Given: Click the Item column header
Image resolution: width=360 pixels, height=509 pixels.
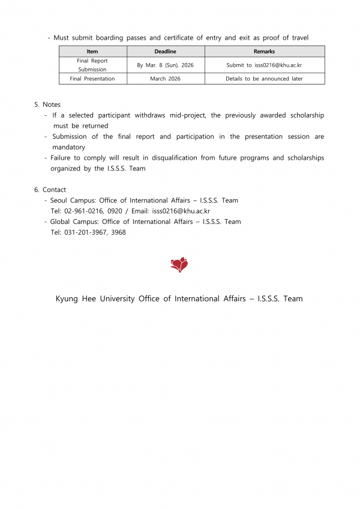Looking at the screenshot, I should (x=92, y=52).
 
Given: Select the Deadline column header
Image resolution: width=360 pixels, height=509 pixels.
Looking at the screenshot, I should (x=166, y=52).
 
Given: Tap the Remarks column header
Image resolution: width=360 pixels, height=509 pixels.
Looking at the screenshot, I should (x=264, y=52).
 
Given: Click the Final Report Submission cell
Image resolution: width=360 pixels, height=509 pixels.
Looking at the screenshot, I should (x=92, y=65).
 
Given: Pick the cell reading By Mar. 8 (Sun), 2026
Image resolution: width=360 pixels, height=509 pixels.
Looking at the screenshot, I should (x=166, y=65).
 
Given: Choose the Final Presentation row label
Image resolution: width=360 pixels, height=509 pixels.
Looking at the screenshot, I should (x=92, y=79).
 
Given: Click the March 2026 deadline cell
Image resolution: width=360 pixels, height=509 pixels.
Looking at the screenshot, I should (x=166, y=79).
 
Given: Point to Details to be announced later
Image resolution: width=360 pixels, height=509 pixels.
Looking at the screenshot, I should (x=264, y=79).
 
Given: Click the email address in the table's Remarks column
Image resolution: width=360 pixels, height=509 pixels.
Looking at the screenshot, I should (x=278, y=65).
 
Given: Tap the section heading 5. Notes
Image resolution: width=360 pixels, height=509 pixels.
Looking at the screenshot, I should (x=47, y=104).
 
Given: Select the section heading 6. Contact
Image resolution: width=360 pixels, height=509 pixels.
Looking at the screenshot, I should (x=50, y=190).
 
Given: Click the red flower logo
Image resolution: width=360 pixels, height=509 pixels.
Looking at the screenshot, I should (x=179, y=265).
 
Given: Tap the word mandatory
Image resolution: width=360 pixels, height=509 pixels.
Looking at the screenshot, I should (x=68, y=147).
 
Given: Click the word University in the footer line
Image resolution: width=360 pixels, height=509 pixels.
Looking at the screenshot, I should (x=116, y=298).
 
